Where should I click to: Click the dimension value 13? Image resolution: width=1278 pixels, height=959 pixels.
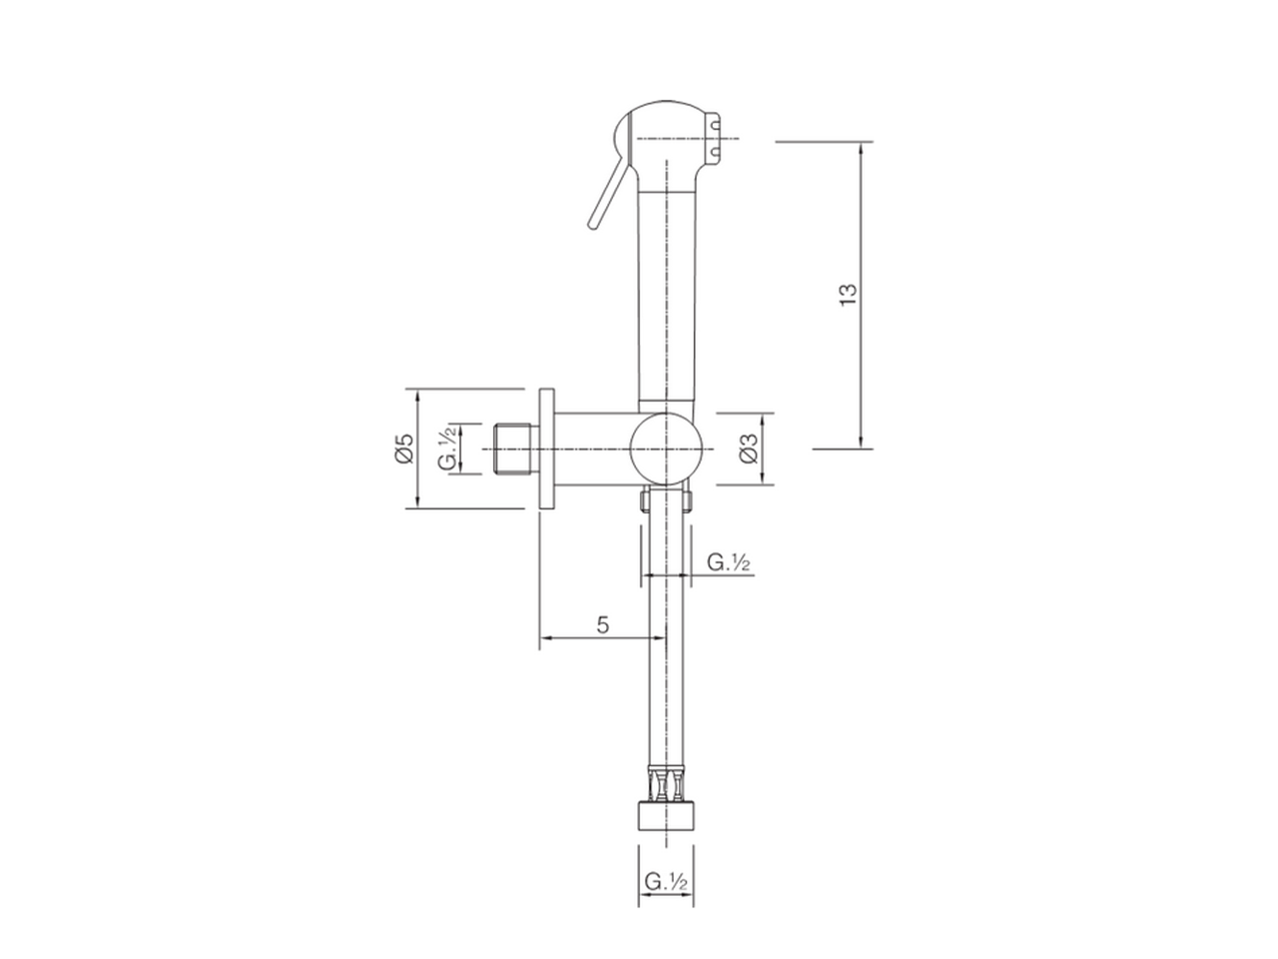coord(849,293)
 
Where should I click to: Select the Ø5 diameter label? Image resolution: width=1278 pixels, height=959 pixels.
coord(403,449)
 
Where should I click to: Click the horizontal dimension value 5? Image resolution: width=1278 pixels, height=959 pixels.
coord(602,625)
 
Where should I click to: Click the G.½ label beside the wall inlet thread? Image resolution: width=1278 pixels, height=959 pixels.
coord(449,449)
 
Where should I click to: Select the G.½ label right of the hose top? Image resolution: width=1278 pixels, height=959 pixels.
coord(729,562)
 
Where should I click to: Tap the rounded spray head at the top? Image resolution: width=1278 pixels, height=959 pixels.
coord(664,130)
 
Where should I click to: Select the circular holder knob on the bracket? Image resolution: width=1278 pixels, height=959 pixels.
coord(666,449)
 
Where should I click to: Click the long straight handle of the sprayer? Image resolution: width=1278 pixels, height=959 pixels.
coord(664,300)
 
